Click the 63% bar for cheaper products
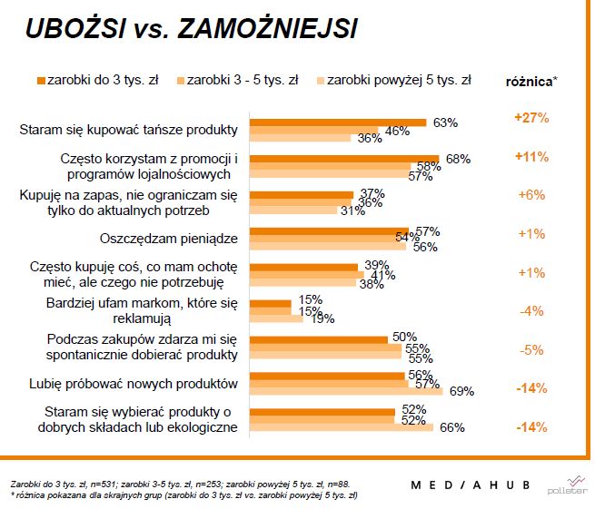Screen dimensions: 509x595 coord(337,122)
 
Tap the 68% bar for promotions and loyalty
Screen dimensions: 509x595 coord(344,159)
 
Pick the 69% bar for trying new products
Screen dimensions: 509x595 coord(346,392)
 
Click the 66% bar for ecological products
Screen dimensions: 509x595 coord(342,427)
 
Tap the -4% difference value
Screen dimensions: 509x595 coord(531,311)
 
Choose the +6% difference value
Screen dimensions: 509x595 coord(531,195)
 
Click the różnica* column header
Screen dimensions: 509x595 coord(531,81)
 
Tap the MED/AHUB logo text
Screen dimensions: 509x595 coord(469,485)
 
